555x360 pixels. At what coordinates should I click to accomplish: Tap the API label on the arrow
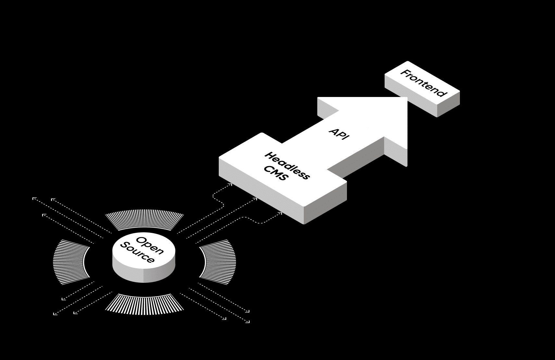[339, 133]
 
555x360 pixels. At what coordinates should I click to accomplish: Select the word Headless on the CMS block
[287, 165]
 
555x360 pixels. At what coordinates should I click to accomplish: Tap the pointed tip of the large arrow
[406, 98]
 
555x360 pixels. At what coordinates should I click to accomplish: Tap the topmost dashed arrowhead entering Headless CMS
[230, 185]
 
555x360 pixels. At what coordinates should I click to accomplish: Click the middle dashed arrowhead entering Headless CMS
[255, 199]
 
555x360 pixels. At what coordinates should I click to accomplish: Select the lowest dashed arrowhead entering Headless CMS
[280, 213]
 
